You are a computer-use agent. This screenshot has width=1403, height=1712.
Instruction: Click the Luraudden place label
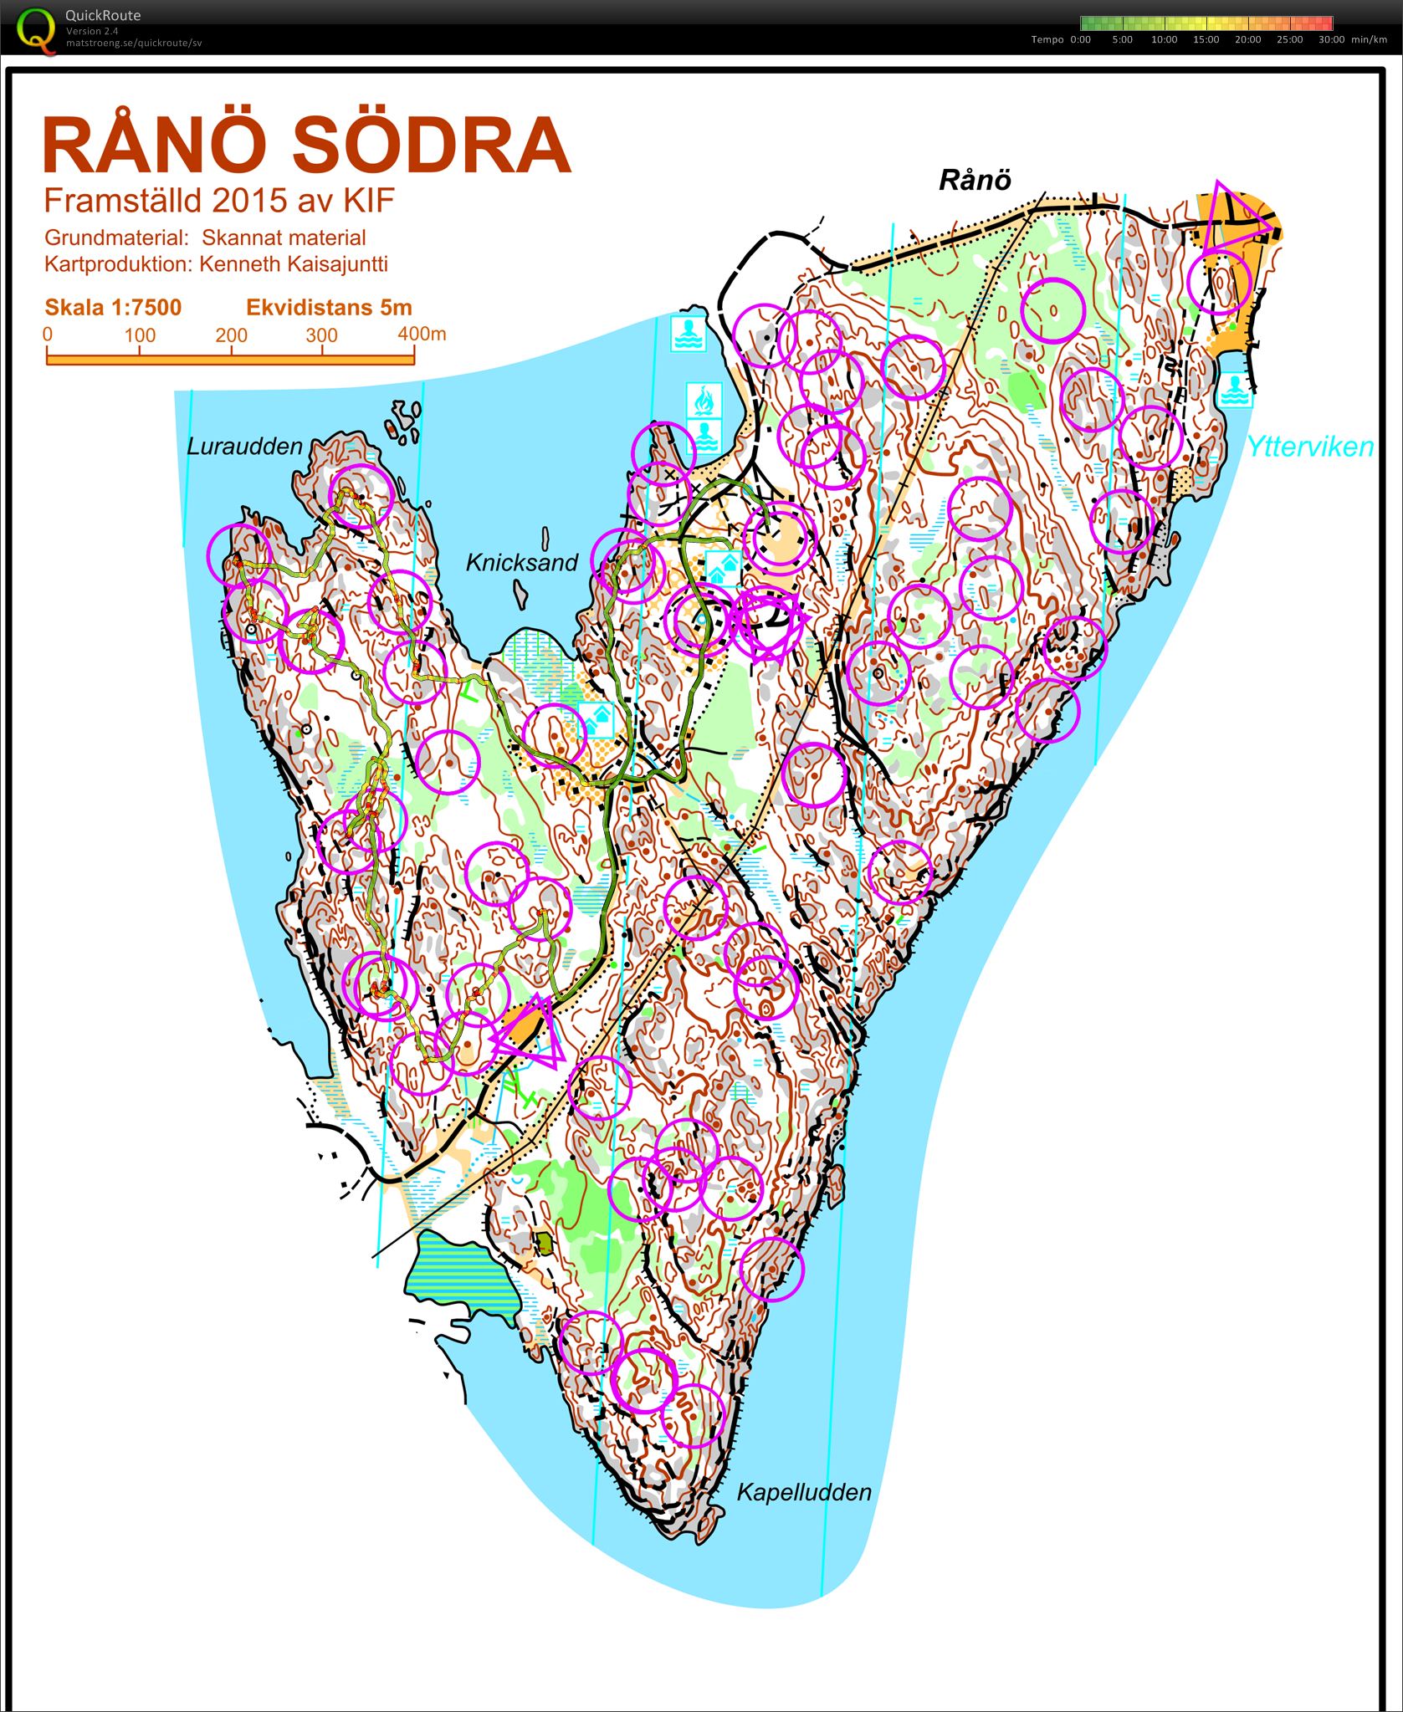(244, 447)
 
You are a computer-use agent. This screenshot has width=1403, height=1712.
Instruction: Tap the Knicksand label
(522, 563)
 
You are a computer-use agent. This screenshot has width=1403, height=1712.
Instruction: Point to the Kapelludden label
(804, 1492)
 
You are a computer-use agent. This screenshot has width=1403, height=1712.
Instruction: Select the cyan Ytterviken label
(1309, 447)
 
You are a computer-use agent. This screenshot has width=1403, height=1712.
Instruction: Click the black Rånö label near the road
(975, 180)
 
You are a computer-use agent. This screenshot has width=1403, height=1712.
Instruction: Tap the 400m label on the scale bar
(422, 335)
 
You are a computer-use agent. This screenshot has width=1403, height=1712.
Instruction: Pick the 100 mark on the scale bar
(140, 336)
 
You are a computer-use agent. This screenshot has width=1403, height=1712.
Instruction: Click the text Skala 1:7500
(113, 308)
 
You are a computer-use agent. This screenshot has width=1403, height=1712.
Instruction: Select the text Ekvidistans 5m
(329, 308)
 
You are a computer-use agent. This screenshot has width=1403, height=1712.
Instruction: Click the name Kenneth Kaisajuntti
(293, 264)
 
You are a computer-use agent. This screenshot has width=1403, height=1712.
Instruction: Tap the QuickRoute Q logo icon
(37, 30)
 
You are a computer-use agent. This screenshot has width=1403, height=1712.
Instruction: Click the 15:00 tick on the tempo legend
(1206, 39)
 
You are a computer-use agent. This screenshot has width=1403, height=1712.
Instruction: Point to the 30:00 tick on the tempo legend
(1331, 39)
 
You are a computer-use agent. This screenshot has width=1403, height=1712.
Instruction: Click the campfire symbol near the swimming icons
(704, 399)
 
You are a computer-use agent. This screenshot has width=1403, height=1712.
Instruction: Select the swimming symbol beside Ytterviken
(1234, 389)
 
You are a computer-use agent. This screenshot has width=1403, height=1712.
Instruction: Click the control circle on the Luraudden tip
(361, 495)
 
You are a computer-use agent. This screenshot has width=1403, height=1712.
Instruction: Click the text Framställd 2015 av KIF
(218, 201)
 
